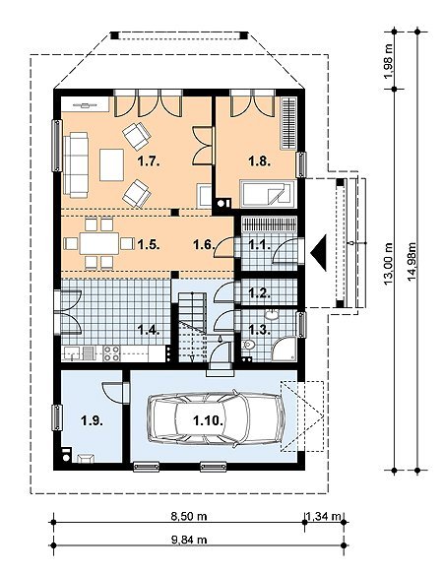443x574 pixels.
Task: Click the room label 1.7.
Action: pyautogui.click(x=149, y=161)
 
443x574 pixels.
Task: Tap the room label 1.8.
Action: pyautogui.click(x=260, y=160)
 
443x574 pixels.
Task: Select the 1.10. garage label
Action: pyautogui.click(x=208, y=420)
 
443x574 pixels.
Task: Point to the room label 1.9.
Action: pyautogui.click(x=92, y=421)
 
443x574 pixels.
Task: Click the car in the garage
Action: pyautogui.click(x=217, y=418)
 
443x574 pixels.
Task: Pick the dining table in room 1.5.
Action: pyautogui.click(x=99, y=243)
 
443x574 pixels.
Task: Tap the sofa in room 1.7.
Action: pyautogui.click(x=76, y=165)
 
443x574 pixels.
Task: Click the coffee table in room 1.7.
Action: pyautogui.click(x=111, y=164)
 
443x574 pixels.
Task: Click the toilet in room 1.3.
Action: pyautogui.click(x=249, y=346)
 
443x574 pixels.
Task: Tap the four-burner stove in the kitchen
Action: pyautogui.click(x=111, y=353)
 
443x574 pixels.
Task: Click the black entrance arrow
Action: pyautogui.click(x=319, y=253)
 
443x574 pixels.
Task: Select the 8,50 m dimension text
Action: pyautogui.click(x=189, y=516)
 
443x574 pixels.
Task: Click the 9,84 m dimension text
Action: pyautogui.click(x=189, y=540)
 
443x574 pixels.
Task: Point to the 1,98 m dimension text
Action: pyautogui.click(x=389, y=61)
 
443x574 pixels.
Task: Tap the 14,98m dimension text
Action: pyautogui.click(x=412, y=261)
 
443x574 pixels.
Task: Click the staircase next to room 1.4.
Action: pyautogui.click(x=192, y=327)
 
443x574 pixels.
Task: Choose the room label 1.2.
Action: pyautogui.click(x=260, y=292)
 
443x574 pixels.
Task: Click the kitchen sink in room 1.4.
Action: pyautogui.click(x=73, y=353)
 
